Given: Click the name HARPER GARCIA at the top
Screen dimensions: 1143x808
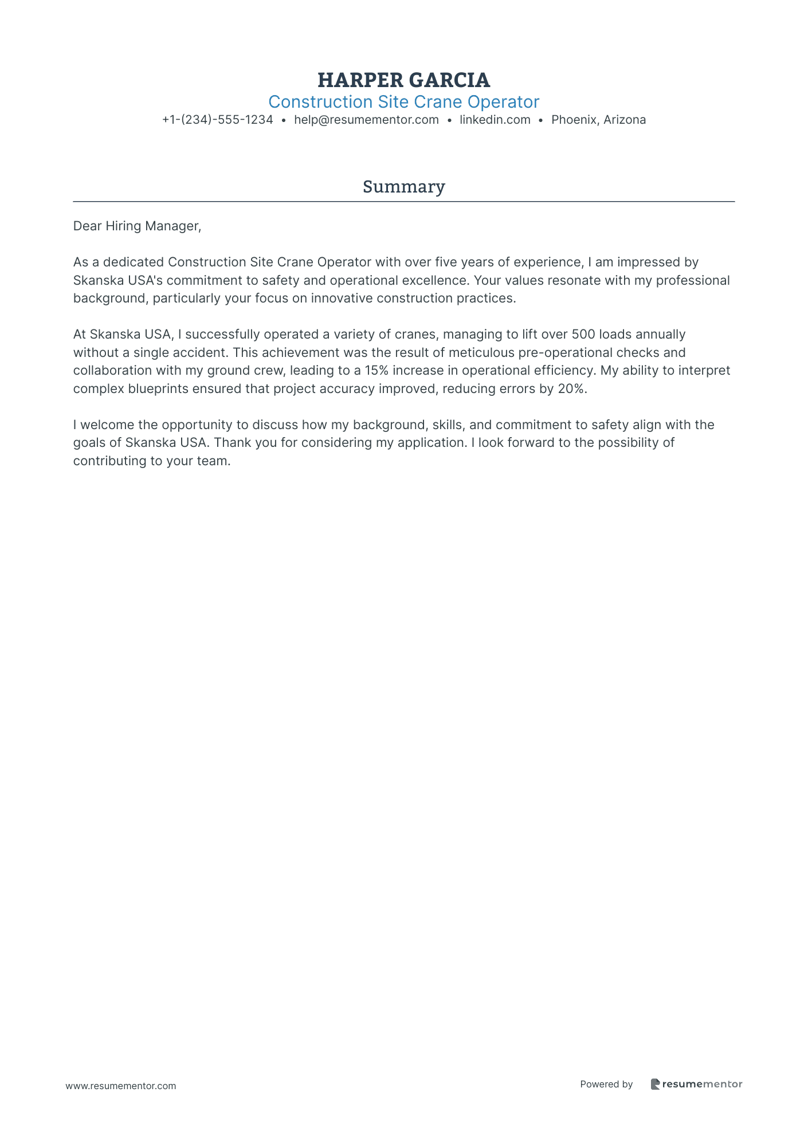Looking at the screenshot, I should (x=403, y=80).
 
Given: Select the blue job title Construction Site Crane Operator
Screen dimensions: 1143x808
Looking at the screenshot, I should (x=403, y=102).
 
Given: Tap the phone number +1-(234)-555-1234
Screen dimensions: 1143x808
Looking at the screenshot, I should (x=217, y=120).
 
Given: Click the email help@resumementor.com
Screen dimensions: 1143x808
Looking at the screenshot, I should (x=366, y=120).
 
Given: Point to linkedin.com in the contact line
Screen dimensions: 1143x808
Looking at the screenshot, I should (x=495, y=120).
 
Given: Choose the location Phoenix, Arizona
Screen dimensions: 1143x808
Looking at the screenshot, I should (x=598, y=120).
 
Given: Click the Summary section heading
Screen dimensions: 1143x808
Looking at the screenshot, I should (x=403, y=187).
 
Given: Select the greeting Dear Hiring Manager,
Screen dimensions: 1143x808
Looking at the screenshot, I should (x=137, y=226).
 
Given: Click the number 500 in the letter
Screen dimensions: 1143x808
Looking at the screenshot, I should (x=583, y=334).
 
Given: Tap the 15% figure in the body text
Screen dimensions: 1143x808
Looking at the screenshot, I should (x=376, y=370).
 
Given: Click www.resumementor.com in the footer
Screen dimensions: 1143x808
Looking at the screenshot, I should (x=121, y=1086).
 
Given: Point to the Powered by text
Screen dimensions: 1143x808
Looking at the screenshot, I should (x=606, y=1084).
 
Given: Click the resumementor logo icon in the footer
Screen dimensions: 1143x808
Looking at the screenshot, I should (x=655, y=1084).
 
